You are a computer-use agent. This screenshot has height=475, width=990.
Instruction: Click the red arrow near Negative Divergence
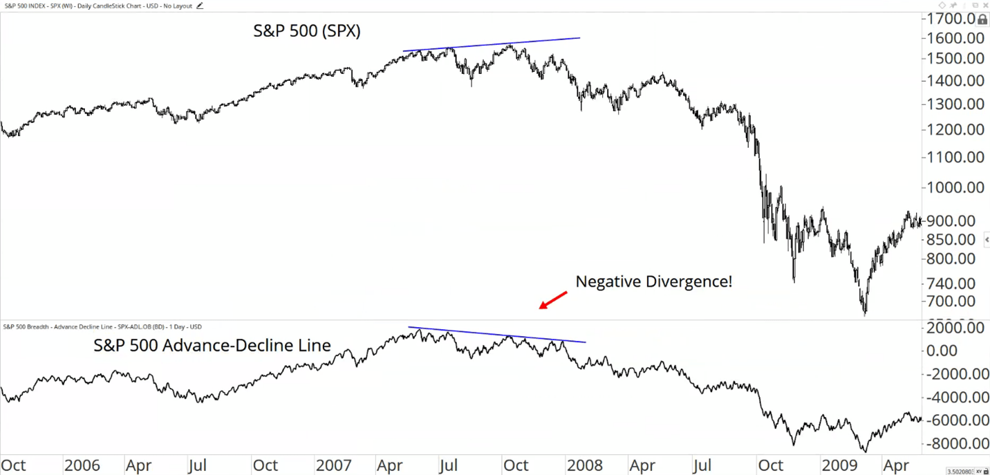tap(553, 300)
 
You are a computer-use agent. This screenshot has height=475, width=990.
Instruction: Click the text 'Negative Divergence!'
tap(653, 282)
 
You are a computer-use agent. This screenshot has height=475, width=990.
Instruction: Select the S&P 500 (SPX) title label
tap(306, 31)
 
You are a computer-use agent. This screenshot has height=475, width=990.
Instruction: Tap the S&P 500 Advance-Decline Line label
tap(212, 345)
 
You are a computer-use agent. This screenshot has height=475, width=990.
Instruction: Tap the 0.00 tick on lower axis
tap(961, 351)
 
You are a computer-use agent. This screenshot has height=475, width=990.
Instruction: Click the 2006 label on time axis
tap(82, 465)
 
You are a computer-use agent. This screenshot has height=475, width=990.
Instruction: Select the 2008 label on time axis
tap(585, 465)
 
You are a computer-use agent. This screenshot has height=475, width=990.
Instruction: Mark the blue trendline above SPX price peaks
tap(491, 44)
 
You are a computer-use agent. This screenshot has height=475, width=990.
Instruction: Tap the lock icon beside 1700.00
tap(982, 20)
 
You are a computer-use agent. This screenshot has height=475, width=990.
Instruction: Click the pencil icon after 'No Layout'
tap(200, 6)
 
